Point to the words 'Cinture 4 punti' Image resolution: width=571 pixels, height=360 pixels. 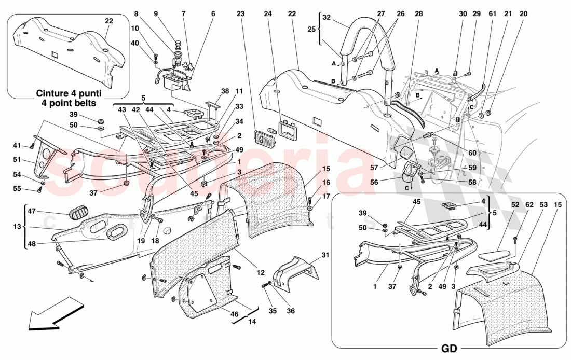(x=68, y=93)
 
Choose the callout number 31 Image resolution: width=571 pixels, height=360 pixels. (x=325, y=255)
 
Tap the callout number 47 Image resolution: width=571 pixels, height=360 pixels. (x=31, y=212)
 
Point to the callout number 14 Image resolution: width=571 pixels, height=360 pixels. (x=252, y=322)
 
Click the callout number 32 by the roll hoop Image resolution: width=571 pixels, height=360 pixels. (x=327, y=17)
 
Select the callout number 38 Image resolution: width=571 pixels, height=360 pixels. (x=225, y=90)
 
